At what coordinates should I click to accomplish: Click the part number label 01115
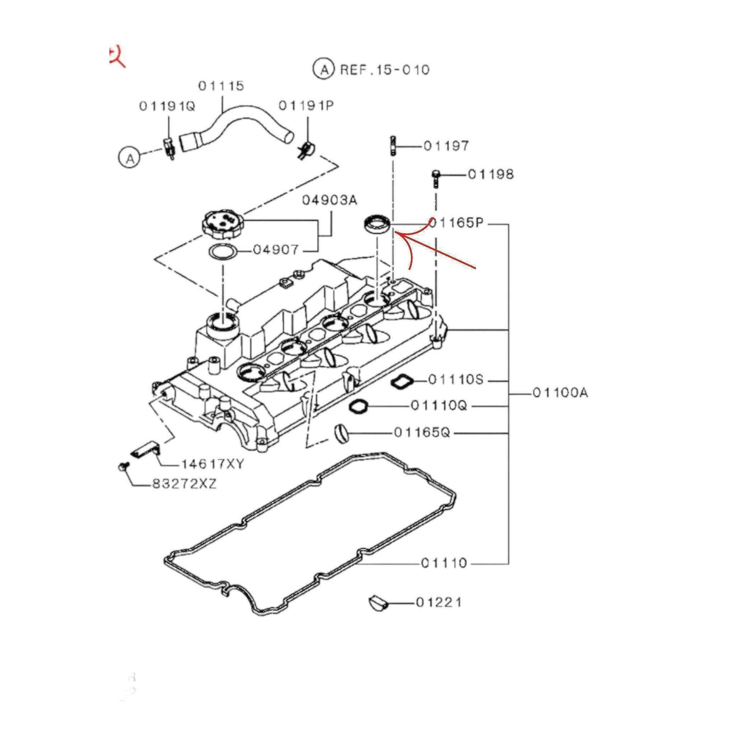pos(221,86)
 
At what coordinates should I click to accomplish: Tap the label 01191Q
pos(167,106)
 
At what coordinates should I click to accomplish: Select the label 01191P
pos(306,106)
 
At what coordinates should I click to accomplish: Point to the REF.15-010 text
pos(385,70)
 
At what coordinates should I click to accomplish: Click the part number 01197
pos(446,146)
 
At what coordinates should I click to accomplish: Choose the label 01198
pos(491,174)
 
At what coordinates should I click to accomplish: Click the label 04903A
pos(330,200)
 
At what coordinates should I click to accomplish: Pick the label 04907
pos(276,250)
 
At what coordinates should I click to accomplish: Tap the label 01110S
pos(456,380)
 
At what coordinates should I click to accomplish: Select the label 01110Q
pos(438,406)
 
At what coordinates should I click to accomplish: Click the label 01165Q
pos(422,433)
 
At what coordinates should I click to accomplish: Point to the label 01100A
pos(560,393)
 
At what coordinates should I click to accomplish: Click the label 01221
pos(438,603)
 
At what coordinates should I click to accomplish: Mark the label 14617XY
pos(213,464)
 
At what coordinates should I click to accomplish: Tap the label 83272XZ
pos(184,484)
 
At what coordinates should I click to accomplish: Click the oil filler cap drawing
pos(223,224)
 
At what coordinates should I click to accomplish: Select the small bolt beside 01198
pos(435,178)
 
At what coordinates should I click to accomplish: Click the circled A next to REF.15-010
pos(324,69)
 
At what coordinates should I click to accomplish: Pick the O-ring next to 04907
pos(223,252)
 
